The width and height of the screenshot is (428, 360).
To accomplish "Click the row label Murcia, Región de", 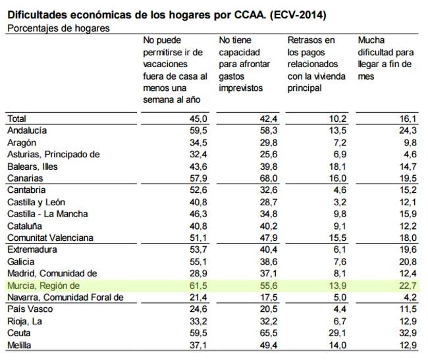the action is [43, 286].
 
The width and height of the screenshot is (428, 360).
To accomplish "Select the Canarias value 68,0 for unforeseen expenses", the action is [269, 178].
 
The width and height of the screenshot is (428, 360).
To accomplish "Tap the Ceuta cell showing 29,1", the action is [338, 333].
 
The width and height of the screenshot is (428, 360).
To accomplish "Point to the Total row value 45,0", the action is [198, 118].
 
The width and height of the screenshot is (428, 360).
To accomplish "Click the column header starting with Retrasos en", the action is [316, 64].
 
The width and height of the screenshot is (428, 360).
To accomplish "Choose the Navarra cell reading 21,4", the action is [198, 297].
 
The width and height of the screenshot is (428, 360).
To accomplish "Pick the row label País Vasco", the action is [30, 309].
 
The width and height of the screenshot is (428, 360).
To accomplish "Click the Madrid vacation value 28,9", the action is [198, 273].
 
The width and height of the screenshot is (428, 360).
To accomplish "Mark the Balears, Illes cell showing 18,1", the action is [338, 167].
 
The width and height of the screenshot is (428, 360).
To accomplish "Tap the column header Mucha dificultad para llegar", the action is [386, 58].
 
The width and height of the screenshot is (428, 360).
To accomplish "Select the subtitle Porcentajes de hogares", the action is [59, 28].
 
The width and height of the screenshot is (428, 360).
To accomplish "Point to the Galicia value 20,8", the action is [408, 262].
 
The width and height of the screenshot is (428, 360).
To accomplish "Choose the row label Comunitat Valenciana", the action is [50, 238].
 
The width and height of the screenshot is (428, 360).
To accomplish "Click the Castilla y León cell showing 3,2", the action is [340, 202].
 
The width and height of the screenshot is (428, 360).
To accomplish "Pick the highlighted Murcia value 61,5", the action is [198, 286].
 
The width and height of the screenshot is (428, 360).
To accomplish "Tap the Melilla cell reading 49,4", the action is [269, 346].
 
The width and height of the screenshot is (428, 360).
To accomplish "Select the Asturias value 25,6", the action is [269, 155].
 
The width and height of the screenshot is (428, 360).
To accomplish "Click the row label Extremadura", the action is [32, 249].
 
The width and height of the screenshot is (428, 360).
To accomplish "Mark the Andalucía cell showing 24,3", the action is [408, 130].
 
